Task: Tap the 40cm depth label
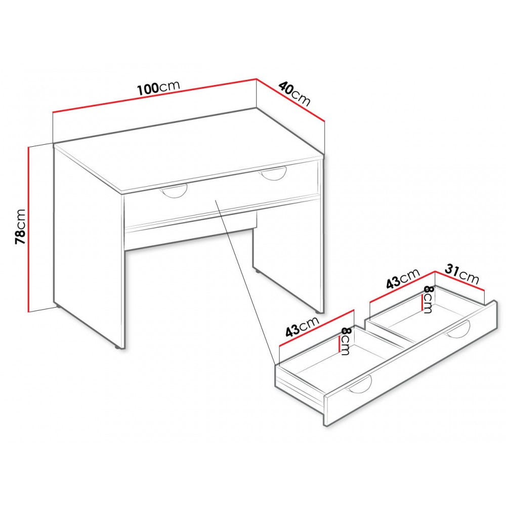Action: (x=294, y=94)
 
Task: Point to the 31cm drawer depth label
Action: (x=462, y=274)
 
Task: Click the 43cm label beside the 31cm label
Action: (x=403, y=278)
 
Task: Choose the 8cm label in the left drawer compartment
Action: (x=345, y=342)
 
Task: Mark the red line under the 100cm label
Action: (x=154, y=96)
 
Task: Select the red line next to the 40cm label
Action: (x=290, y=100)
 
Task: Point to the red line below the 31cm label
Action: (x=459, y=281)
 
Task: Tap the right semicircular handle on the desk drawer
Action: (x=274, y=176)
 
